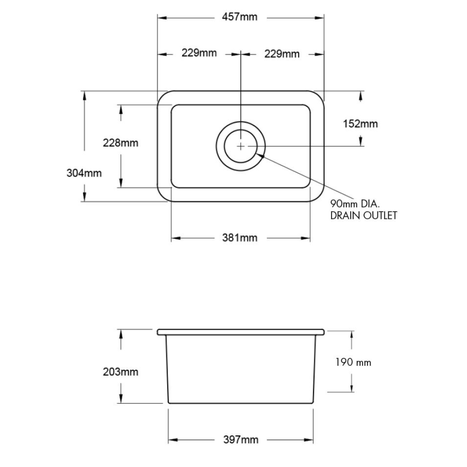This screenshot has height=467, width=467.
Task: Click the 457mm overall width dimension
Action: (239, 17)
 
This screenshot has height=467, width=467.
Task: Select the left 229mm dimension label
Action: (199, 53)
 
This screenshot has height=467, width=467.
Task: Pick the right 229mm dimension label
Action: (281, 54)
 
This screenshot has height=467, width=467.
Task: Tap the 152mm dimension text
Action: (360, 124)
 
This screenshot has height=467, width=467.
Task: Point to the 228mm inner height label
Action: (120, 143)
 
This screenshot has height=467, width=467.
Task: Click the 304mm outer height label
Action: (84, 173)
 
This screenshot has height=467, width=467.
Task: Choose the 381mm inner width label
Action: (240, 237)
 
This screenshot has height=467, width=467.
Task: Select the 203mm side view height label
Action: (120, 371)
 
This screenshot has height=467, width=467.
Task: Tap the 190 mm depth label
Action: (353, 362)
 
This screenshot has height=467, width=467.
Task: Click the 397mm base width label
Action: (240, 440)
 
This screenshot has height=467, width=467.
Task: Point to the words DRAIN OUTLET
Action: (363, 215)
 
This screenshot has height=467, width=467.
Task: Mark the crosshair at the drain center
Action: (240, 146)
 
